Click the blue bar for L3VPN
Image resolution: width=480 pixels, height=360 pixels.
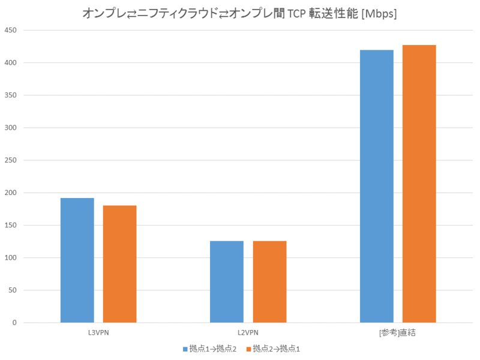[x=77, y=260]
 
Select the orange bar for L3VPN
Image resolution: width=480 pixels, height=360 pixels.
[x=120, y=264]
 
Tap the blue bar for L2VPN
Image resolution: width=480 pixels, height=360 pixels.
[x=227, y=282]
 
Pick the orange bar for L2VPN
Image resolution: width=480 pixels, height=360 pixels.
[x=269, y=282]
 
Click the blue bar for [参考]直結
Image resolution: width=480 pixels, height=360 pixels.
[x=377, y=187]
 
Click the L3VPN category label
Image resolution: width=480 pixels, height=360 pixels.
[x=98, y=333]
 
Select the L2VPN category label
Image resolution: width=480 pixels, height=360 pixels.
[x=248, y=333]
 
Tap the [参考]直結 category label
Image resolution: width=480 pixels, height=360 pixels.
[x=398, y=333]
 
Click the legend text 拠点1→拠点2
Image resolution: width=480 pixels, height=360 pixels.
[x=213, y=348]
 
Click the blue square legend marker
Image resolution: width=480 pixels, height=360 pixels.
[x=185, y=348]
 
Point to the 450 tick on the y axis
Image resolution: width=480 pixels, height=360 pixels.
[x=11, y=30]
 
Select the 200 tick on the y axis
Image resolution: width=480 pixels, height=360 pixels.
[x=11, y=193]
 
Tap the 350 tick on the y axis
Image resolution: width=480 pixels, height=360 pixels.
[x=11, y=95]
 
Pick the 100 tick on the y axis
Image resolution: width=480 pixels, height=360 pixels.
[x=11, y=258]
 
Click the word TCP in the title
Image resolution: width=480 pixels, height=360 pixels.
[x=299, y=14]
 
